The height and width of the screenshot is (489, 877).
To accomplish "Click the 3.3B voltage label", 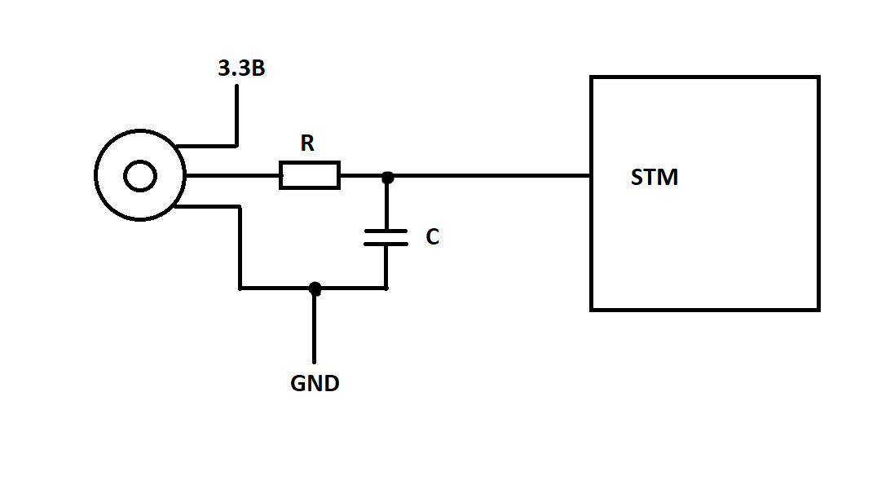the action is pyautogui.click(x=241, y=68).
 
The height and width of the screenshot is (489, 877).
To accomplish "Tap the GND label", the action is pyautogui.click(x=315, y=383).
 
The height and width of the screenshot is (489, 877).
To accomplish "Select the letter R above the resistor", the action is pyautogui.click(x=307, y=143).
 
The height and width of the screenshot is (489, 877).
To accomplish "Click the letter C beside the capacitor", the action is pyautogui.click(x=432, y=236).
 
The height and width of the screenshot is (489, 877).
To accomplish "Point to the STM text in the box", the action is pyautogui.click(x=654, y=177).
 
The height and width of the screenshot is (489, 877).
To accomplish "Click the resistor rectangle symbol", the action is pyautogui.click(x=310, y=175).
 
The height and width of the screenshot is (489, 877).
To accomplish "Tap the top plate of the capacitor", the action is pyautogui.click(x=386, y=231).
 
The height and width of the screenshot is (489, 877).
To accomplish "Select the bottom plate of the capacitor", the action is pyautogui.click(x=386, y=244).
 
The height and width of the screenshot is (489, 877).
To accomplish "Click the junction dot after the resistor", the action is pyautogui.click(x=387, y=178).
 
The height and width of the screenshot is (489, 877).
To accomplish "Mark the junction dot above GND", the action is pyautogui.click(x=315, y=289).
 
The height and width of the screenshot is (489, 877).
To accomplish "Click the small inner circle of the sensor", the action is pyautogui.click(x=140, y=176).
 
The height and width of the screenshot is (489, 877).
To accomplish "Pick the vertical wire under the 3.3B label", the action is pyautogui.click(x=236, y=116).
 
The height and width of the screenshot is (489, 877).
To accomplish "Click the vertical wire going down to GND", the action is pyautogui.click(x=315, y=326).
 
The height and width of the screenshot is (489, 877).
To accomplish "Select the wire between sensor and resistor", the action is pyautogui.click(x=232, y=176).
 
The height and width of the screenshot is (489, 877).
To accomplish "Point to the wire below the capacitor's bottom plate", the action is pyautogui.click(x=386, y=267).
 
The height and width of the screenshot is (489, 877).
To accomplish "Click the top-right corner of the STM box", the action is pyautogui.click(x=819, y=77).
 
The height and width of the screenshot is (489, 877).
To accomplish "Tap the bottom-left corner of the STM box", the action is pyautogui.click(x=591, y=310).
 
